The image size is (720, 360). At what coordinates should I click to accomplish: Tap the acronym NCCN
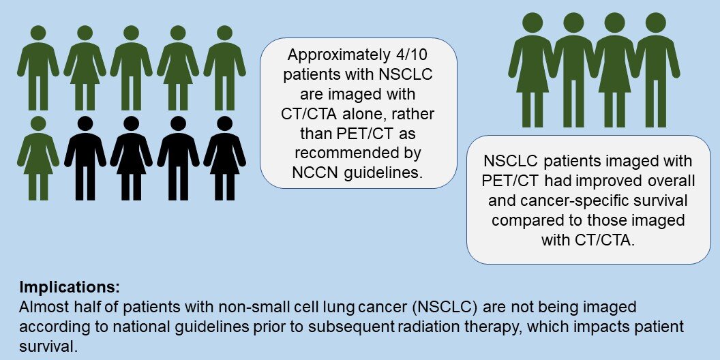314,172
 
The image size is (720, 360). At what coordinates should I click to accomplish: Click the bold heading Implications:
70,288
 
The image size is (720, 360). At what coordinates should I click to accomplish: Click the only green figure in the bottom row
38,158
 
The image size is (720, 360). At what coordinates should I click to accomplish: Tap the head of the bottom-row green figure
38,123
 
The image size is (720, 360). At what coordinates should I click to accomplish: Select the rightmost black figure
224,158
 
